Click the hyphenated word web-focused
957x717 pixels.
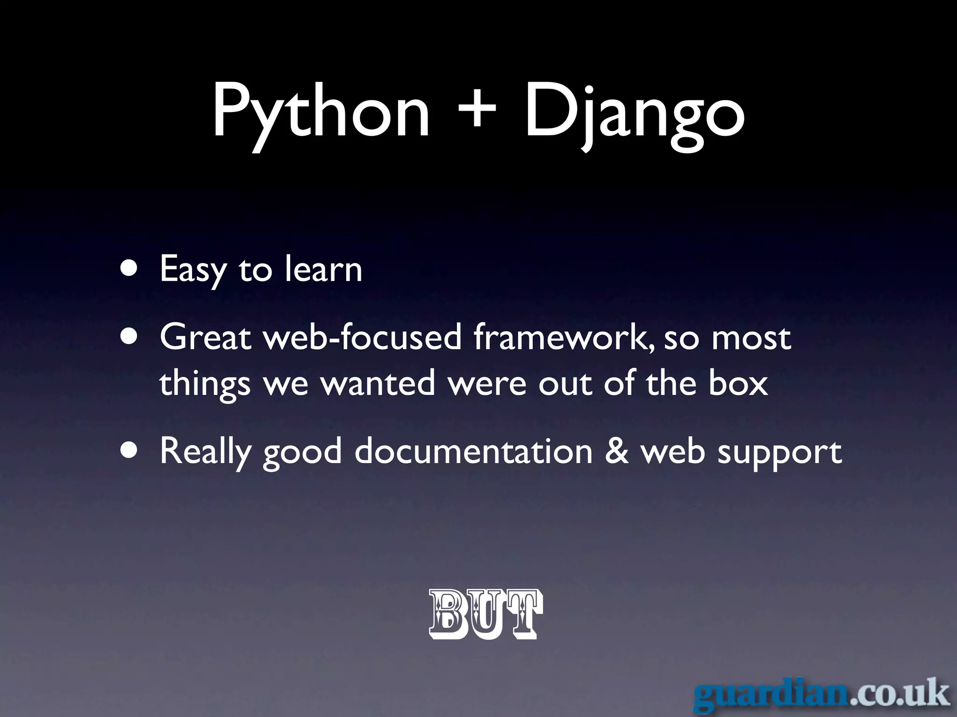[363, 337]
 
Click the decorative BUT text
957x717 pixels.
[486, 614]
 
